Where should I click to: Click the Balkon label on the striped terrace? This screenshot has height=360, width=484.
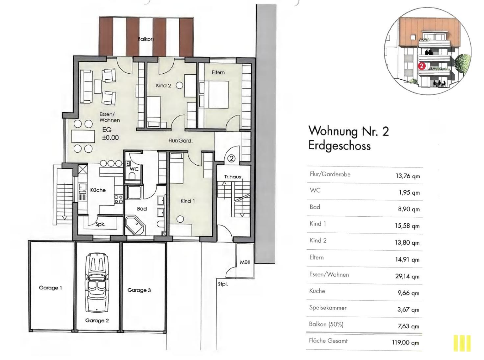pyautogui.click(x=145, y=39)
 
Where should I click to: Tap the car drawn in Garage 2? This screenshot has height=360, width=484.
pyautogui.click(x=97, y=283)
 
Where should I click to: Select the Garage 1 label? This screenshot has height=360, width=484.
pyautogui.click(x=50, y=288)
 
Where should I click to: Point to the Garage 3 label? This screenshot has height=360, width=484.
pyautogui.click(x=139, y=290)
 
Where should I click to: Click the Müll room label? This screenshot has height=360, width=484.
pyautogui.click(x=245, y=262)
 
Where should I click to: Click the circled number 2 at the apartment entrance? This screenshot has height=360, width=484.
pyautogui.click(x=232, y=158)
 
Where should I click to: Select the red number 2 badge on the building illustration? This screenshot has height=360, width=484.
pyautogui.click(x=422, y=66)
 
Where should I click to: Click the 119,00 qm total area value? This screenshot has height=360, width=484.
pyautogui.click(x=405, y=342)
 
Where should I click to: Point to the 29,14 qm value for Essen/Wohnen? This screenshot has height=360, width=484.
pyautogui.click(x=407, y=276)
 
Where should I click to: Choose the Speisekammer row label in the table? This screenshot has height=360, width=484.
pyautogui.click(x=328, y=308)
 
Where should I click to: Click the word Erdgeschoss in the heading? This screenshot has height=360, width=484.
pyautogui.click(x=339, y=146)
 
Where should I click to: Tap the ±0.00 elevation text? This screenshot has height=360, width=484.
pyautogui.click(x=111, y=138)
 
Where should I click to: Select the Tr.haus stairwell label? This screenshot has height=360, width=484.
pyautogui.click(x=233, y=177)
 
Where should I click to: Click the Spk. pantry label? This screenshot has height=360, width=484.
pyautogui.click(x=101, y=224)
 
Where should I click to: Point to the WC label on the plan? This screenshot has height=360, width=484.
pyautogui.click(x=134, y=169)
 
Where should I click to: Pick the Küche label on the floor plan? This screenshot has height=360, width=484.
pyautogui.click(x=98, y=190)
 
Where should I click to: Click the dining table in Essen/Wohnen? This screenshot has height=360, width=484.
pyautogui.click(x=83, y=136)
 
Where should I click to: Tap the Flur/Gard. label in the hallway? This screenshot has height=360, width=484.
pyautogui.click(x=181, y=141)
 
